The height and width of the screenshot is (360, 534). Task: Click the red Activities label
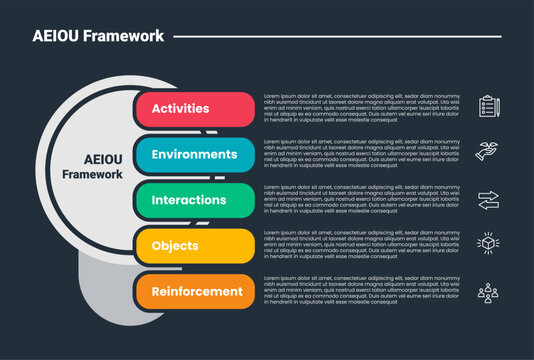click(194, 109)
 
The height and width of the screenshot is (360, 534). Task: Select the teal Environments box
click(194, 155)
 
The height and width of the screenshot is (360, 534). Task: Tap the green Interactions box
click(194, 200)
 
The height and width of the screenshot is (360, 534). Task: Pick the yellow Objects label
click(194, 246)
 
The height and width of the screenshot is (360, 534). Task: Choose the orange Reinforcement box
click(194, 292)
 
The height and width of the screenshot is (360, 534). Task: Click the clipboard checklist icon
click(489, 105)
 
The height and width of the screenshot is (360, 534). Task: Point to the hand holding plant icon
click(488, 151)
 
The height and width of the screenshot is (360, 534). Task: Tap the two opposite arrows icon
click(488, 199)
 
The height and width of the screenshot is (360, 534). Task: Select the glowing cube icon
click(488, 244)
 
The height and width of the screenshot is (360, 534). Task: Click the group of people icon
click(488, 292)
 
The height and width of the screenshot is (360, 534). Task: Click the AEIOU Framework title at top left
click(98, 36)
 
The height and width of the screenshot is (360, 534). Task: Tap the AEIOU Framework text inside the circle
click(92, 166)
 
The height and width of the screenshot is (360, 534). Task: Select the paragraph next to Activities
click(362, 109)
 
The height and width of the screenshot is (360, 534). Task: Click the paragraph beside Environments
click(362, 155)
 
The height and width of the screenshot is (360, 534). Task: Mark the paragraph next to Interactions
click(362, 200)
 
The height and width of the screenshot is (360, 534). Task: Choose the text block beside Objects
click(362, 246)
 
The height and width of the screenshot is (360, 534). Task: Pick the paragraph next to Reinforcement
click(362, 292)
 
